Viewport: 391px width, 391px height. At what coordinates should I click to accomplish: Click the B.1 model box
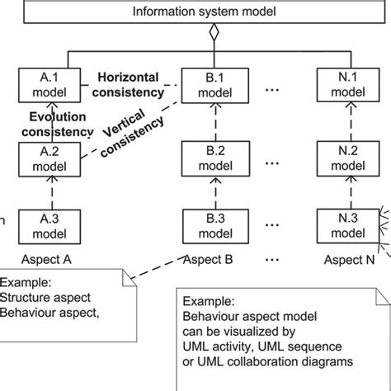point(206,84)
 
